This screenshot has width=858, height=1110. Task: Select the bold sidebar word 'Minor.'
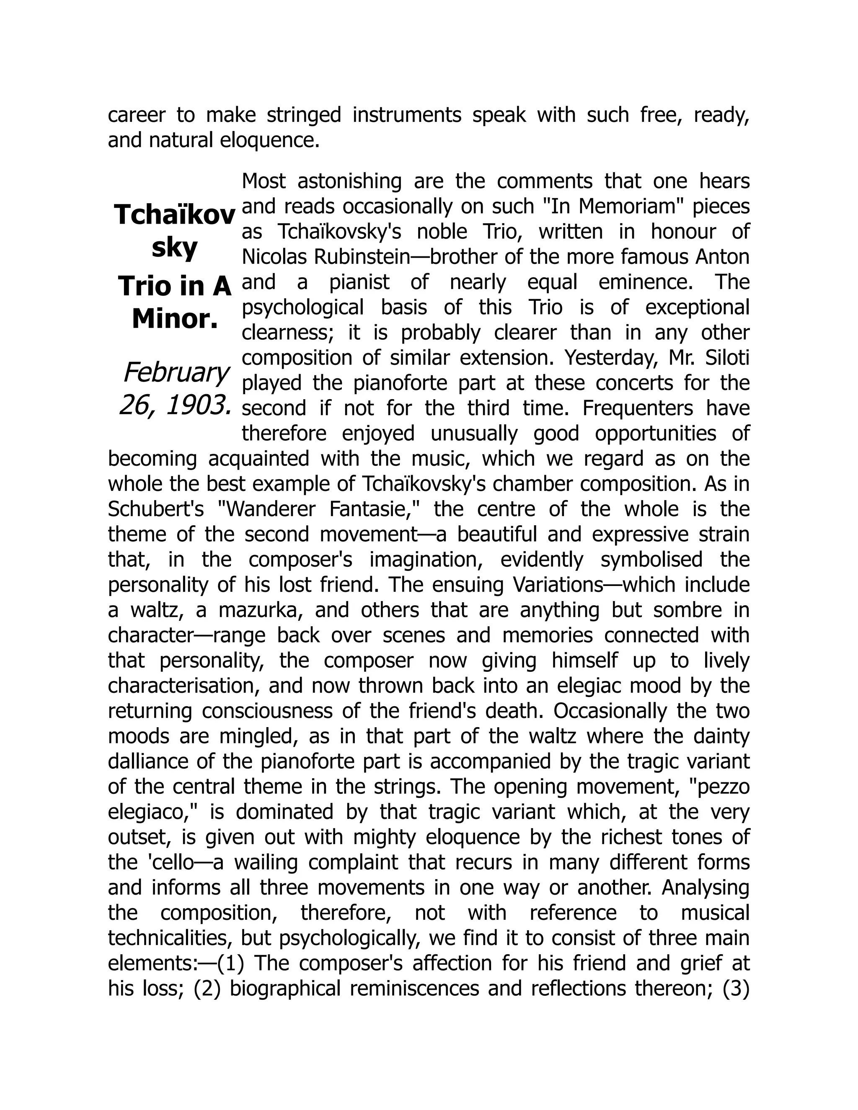[x=174, y=319]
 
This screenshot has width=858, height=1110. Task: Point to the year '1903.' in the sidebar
[x=198, y=405]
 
